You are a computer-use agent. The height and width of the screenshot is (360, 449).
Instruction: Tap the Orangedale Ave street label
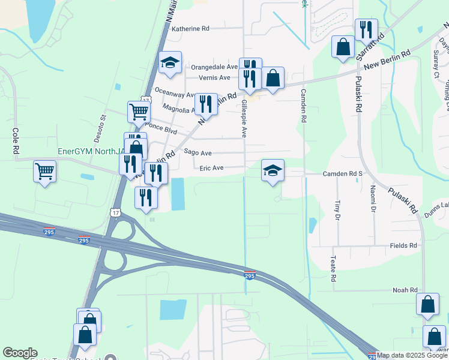[214, 67]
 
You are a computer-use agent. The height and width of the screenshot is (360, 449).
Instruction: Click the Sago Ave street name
[197, 152]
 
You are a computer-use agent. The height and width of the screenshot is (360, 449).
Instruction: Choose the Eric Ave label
[211, 168]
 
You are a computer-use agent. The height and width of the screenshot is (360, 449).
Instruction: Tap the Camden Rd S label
[343, 173]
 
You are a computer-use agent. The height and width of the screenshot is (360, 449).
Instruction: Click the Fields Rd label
[403, 245]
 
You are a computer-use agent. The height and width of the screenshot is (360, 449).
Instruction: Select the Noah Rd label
[405, 290]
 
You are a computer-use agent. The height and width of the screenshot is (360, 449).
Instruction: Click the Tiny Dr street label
[338, 209]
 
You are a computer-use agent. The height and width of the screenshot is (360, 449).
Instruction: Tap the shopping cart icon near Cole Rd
[45, 171]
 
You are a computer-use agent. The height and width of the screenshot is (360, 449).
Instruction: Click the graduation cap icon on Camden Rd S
[273, 170]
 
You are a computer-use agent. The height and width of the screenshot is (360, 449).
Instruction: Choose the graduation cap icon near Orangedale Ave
[170, 62]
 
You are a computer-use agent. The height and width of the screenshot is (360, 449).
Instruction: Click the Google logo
[20, 353]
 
